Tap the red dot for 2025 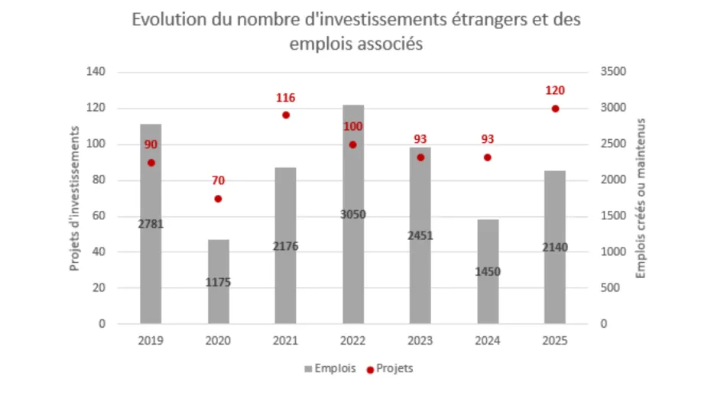pyautogui.click(x=555, y=109)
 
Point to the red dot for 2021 pyautogui.click(x=286, y=115)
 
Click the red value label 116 pyautogui.click(x=286, y=98)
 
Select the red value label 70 pyautogui.click(x=218, y=181)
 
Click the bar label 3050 pyautogui.click(x=353, y=215)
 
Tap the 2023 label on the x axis pyautogui.click(x=420, y=342)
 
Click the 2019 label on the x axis pyautogui.click(x=151, y=342)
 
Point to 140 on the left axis pyautogui.click(x=96, y=72)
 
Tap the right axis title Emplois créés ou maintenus pyautogui.click(x=641, y=199)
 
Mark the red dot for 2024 pyautogui.click(x=488, y=157)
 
